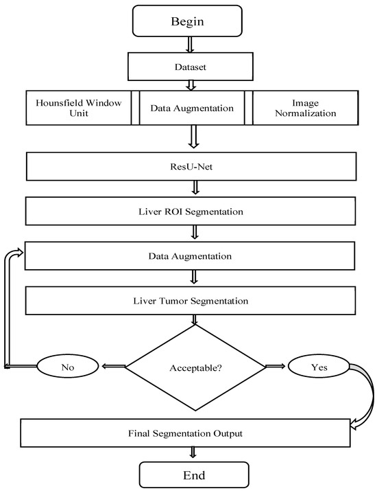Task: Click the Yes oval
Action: [x=319, y=367]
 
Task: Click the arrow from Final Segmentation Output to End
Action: [x=193, y=454]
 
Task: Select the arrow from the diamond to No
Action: [x=114, y=367]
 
